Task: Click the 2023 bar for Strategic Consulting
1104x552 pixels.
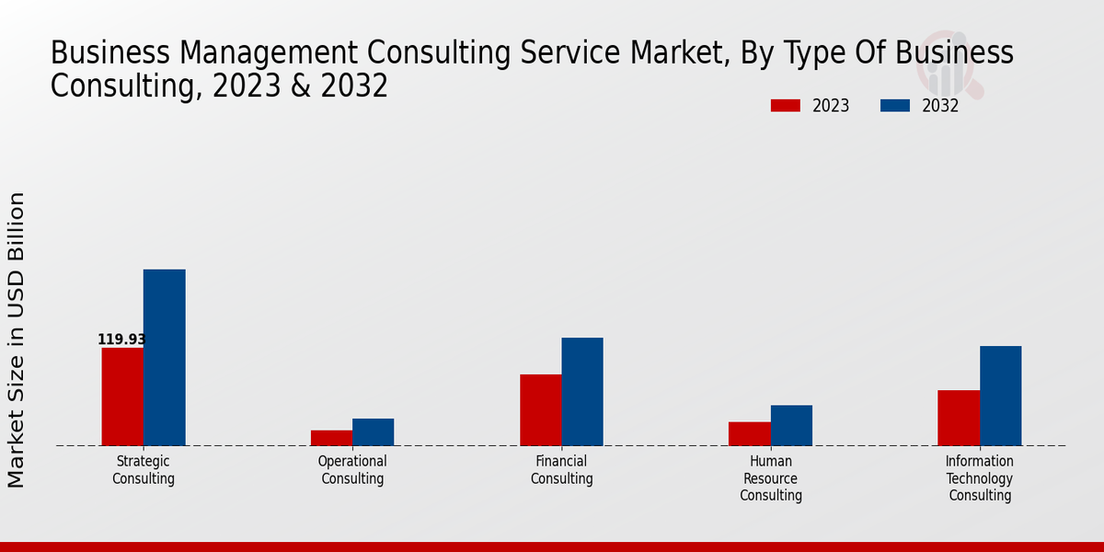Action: [x=122, y=397]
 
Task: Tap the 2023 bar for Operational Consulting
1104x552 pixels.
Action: [x=331, y=438]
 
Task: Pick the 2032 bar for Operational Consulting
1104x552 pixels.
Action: [x=373, y=431]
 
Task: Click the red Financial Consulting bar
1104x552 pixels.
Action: [x=540, y=409]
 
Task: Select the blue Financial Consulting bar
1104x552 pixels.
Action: [x=582, y=391]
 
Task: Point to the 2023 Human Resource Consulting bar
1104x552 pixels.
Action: [x=749, y=433]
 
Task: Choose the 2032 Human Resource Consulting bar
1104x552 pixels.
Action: [x=791, y=425]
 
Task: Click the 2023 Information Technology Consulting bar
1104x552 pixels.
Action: [x=959, y=418]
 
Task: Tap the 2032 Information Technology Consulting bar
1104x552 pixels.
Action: [x=1000, y=396]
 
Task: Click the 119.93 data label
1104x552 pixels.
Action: [x=121, y=339]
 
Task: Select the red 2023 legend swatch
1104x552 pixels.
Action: [x=785, y=106]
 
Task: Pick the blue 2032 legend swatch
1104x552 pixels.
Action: [x=894, y=106]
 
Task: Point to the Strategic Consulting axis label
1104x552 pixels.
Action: [x=144, y=470]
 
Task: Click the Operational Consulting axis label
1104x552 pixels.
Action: [x=352, y=470]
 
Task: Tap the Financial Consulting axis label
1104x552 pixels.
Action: [x=561, y=470]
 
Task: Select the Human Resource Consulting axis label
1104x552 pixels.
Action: [x=771, y=478]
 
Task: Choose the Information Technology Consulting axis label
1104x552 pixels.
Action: [x=980, y=478]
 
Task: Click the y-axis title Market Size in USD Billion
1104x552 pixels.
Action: [x=17, y=339]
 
